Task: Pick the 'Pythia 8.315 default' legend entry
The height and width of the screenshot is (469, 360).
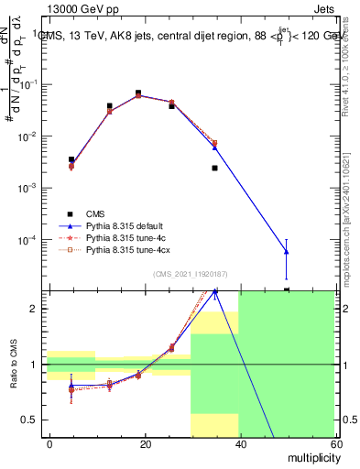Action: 128,224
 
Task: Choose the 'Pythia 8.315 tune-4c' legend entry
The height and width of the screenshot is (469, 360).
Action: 129,236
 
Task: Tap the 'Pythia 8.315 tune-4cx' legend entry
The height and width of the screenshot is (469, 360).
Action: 131,248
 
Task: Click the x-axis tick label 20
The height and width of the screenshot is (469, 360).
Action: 145,443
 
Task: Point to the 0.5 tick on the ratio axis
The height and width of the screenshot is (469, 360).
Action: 30,420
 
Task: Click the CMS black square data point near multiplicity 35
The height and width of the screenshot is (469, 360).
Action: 214,168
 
